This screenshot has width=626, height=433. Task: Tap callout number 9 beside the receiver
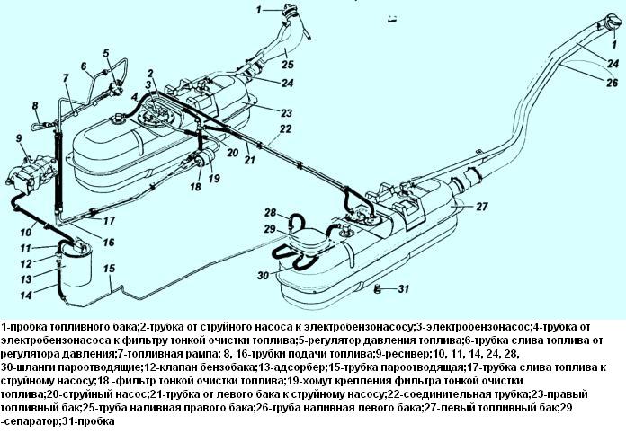(18, 137)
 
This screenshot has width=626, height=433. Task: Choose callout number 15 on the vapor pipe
(108, 267)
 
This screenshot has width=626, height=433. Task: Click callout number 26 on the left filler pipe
(612, 84)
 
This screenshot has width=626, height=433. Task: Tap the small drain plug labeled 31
(380, 287)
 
